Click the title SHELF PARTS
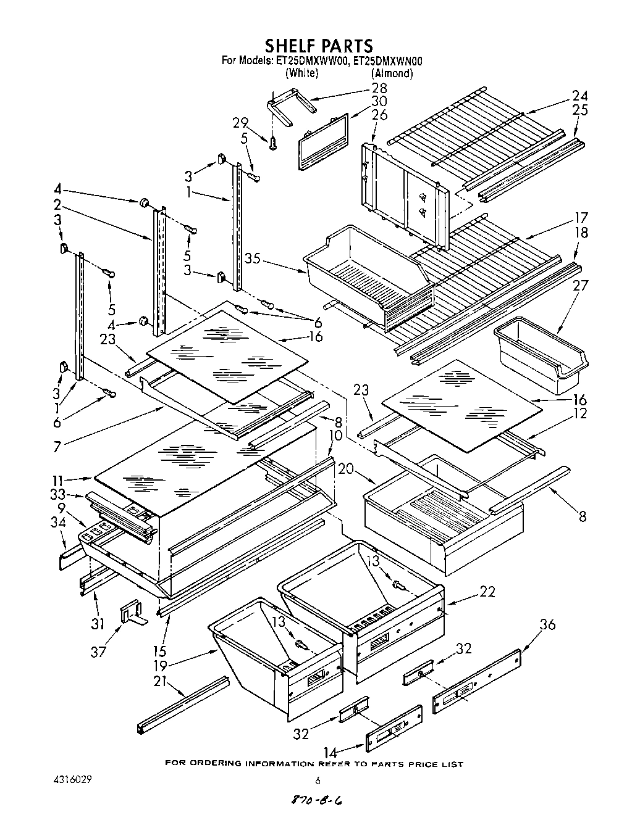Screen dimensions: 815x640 (x=319, y=46)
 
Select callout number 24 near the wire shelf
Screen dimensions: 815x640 (x=579, y=96)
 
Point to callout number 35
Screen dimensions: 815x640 (x=251, y=259)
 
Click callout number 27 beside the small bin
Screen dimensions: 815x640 (x=580, y=286)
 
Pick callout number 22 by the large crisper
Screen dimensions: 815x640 (x=487, y=591)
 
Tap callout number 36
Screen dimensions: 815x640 (x=547, y=624)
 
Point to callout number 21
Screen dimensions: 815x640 (x=160, y=681)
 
